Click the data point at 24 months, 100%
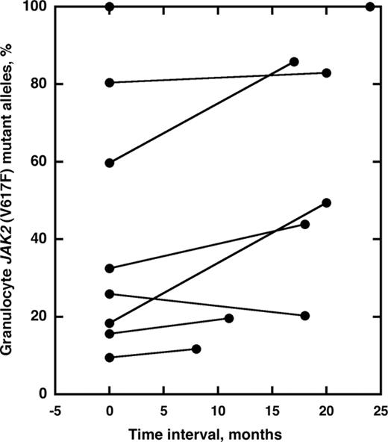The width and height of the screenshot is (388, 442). coord(370,7)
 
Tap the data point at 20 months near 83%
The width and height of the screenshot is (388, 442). coord(327,72)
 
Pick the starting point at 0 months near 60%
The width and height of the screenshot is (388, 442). coord(110,163)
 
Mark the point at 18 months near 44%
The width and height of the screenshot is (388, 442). coord(305,224)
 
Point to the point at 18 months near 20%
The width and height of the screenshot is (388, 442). coord(305,316)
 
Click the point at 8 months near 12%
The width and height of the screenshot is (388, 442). coord(196,349)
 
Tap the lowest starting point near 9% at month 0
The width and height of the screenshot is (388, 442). coord(110,358)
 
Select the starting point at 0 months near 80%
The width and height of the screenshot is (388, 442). coord(110,83)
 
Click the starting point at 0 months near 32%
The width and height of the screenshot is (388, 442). coord(110,268)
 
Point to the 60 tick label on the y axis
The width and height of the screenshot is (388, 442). coord(40,162)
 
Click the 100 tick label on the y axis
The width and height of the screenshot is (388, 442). coord(37,7)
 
